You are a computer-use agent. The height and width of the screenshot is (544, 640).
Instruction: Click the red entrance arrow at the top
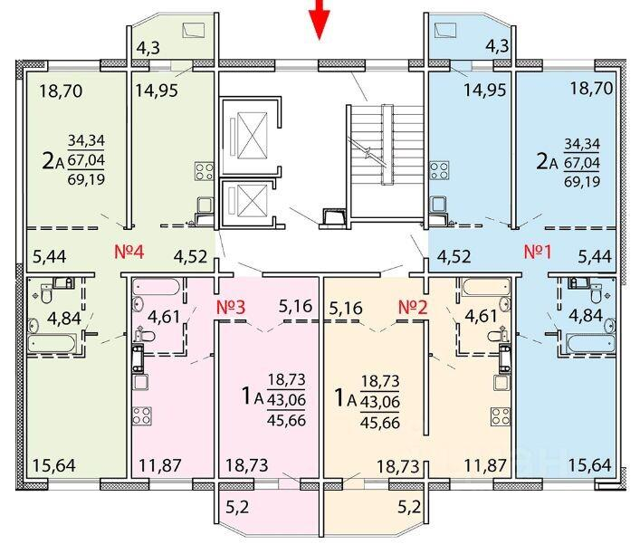[x=320, y=18]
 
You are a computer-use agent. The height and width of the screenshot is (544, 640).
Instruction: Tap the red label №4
[x=129, y=252]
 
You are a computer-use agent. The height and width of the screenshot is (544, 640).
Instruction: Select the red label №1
[x=538, y=252]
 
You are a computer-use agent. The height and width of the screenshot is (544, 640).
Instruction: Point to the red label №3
[x=231, y=307]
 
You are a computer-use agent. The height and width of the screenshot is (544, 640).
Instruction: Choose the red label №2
[x=413, y=307]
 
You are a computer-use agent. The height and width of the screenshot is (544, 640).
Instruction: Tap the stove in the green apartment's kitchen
[x=205, y=171]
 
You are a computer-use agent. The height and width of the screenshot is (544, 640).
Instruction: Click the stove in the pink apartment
[x=141, y=416]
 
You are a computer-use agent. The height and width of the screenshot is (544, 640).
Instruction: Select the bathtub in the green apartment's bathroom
[x=53, y=344]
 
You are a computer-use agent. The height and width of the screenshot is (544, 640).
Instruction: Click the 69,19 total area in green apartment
[x=86, y=179]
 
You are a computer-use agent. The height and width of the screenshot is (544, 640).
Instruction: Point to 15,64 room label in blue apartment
[x=590, y=465]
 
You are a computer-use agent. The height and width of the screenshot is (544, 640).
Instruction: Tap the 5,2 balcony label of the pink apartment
[x=237, y=508]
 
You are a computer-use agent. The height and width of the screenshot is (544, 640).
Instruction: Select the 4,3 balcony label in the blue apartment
[x=497, y=46]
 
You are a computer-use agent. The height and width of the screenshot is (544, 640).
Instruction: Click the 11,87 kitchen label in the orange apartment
[x=485, y=465]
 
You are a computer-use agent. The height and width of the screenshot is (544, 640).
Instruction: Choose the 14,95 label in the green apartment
[x=157, y=91]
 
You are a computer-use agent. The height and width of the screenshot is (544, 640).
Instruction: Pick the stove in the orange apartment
[x=501, y=416]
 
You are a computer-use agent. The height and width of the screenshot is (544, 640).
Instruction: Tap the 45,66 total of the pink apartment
[x=286, y=420]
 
